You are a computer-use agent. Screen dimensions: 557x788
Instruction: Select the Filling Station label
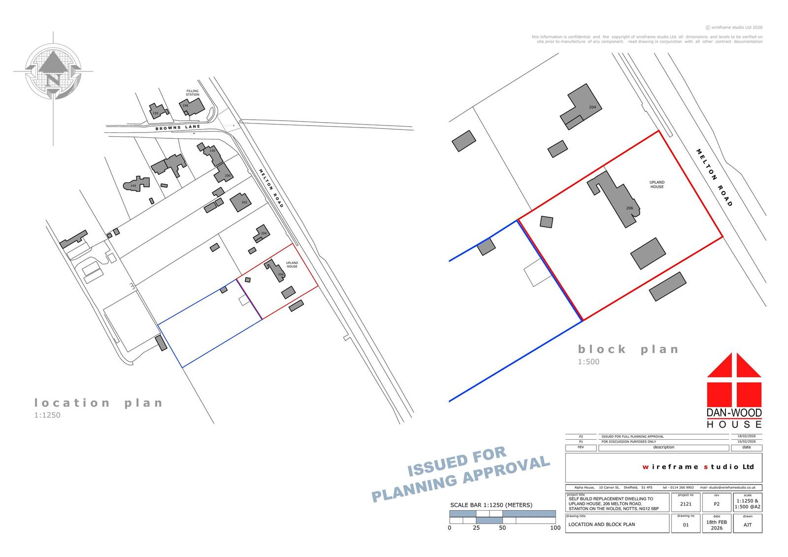193,93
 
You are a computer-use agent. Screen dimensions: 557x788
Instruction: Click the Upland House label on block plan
657,185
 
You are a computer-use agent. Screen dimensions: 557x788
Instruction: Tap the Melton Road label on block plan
715,177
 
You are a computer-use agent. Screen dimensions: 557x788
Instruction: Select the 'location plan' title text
98,403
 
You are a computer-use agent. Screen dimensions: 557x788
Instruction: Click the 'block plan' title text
628,349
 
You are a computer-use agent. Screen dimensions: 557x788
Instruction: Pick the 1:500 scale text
589,362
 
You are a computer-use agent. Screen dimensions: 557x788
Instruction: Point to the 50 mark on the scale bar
502,527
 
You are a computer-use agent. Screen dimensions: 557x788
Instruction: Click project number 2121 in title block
686,504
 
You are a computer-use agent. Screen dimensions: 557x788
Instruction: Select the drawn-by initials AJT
748,525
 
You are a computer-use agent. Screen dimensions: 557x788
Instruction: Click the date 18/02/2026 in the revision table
746,436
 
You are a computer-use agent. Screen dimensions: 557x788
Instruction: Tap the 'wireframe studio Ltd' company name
698,466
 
